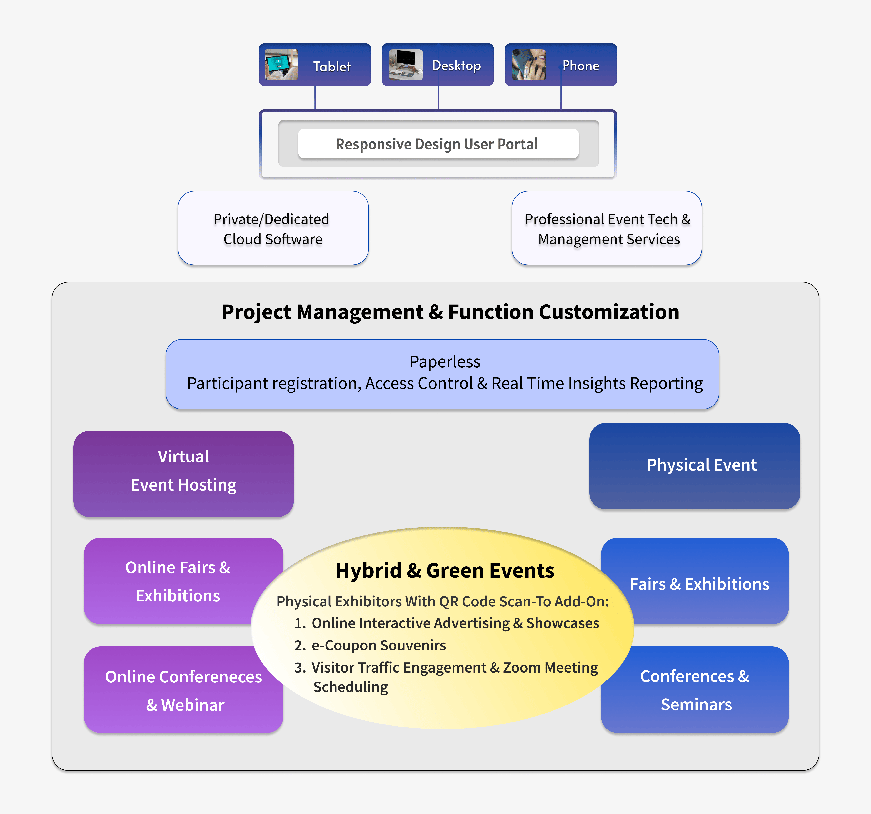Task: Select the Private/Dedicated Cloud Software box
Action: [273, 228]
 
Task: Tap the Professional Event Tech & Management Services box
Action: [607, 228]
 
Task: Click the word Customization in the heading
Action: [609, 312]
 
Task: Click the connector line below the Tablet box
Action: [315, 98]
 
